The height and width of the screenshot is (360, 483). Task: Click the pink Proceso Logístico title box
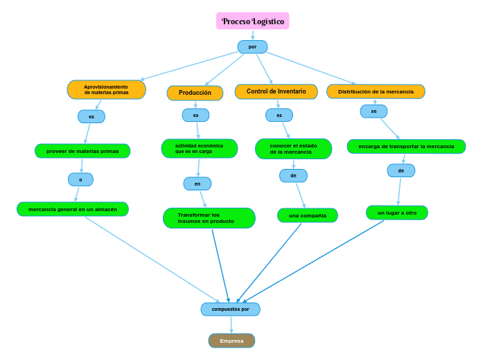(x=252, y=21)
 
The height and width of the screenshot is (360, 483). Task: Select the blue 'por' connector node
(x=252, y=47)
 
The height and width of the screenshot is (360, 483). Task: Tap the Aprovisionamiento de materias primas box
(x=107, y=90)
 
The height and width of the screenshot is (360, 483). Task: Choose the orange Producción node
(x=195, y=93)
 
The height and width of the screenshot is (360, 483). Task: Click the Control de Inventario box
(x=276, y=91)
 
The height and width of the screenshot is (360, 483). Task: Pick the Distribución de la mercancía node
(x=376, y=91)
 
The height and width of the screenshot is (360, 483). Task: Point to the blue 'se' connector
(x=374, y=111)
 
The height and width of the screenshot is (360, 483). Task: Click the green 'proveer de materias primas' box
(x=82, y=151)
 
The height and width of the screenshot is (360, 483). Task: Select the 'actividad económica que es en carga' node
(x=199, y=148)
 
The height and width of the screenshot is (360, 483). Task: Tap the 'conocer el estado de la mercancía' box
(x=293, y=149)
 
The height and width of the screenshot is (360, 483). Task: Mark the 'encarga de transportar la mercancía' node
(x=406, y=146)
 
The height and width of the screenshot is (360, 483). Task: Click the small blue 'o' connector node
(x=80, y=180)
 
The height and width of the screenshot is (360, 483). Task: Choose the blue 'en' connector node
(x=197, y=183)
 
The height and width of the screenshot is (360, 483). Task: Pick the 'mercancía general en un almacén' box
(x=73, y=209)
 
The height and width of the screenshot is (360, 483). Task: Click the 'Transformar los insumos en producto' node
(x=209, y=218)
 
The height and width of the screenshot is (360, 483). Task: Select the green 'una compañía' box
(x=307, y=215)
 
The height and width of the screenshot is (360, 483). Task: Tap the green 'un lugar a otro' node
(x=396, y=213)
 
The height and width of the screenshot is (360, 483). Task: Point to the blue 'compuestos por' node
(x=230, y=309)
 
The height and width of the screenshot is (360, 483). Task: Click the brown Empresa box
(x=231, y=341)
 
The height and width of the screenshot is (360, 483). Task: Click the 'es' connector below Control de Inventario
(x=279, y=115)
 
